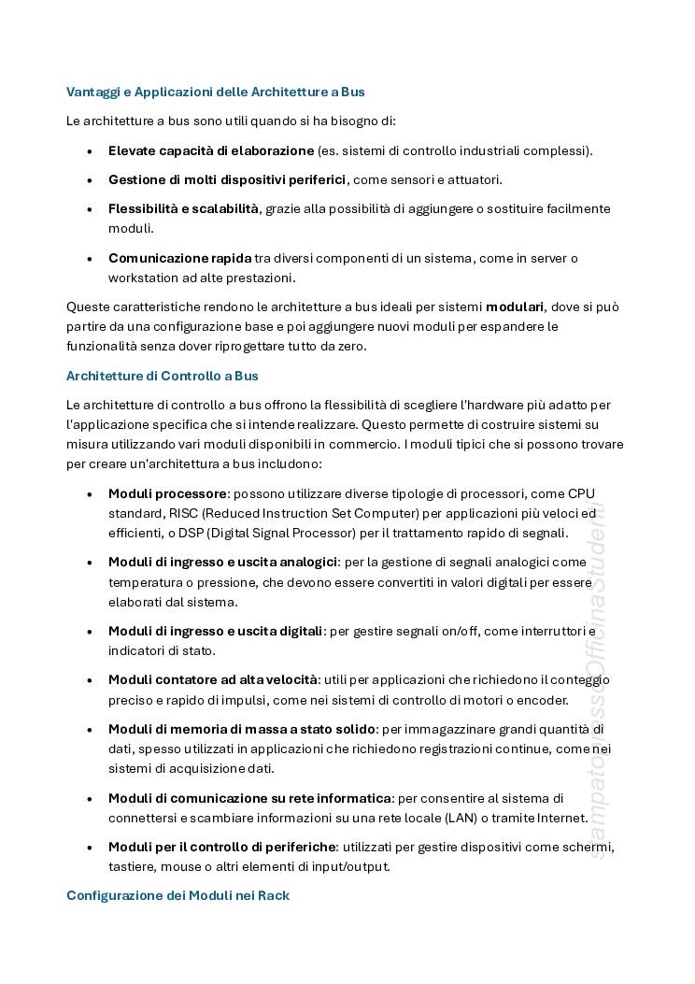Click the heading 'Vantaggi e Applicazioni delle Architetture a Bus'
tap(215, 92)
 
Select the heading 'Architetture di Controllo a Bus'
tap(162, 376)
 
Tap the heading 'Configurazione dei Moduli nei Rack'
tap(177, 895)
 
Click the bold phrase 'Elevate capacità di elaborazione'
tap(211, 150)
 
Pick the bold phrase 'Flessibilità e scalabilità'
tap(183, 208)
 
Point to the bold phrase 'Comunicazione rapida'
tap(179, 258)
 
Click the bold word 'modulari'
tap(515, 307)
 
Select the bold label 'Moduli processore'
tap(167, 493)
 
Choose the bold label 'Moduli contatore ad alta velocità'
tap(213, 679)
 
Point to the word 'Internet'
tap(561, 818)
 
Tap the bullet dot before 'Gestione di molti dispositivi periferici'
tap(90, 180)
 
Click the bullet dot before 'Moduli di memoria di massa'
tap(90, 730)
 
